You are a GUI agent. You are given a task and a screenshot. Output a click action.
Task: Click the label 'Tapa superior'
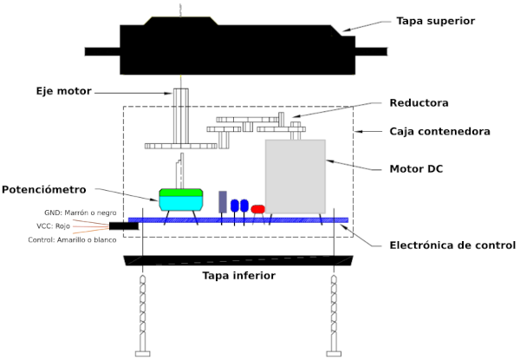435,21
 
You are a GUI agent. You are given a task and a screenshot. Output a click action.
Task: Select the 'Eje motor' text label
63,91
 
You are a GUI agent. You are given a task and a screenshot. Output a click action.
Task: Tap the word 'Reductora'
419,103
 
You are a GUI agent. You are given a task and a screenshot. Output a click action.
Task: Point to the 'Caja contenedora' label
439,131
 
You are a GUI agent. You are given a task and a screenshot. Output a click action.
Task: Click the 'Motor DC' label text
416,169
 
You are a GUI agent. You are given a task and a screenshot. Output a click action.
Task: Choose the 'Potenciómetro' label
44,189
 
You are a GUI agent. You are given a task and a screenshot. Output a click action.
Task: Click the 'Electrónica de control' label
452,245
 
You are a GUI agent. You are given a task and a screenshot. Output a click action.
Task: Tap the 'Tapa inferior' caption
239,276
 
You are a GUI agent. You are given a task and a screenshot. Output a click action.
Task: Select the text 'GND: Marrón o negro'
81,213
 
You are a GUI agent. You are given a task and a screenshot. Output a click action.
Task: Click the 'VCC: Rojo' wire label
53,226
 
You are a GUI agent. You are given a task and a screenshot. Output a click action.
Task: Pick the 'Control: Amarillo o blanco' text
72,239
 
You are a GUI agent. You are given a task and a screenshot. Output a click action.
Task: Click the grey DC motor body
296,176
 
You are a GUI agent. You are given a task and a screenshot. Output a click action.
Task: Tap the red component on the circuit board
258,209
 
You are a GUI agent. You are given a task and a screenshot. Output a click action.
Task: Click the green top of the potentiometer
181,193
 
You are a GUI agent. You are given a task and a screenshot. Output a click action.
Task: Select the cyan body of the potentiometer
181,203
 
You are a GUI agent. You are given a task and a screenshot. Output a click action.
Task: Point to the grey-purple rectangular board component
223,202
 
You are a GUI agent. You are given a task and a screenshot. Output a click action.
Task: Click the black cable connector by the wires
124,226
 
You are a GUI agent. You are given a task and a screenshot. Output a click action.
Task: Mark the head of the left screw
143,354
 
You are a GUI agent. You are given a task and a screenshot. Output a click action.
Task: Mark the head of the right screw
334,354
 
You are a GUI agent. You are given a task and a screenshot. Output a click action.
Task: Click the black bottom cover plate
238,260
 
